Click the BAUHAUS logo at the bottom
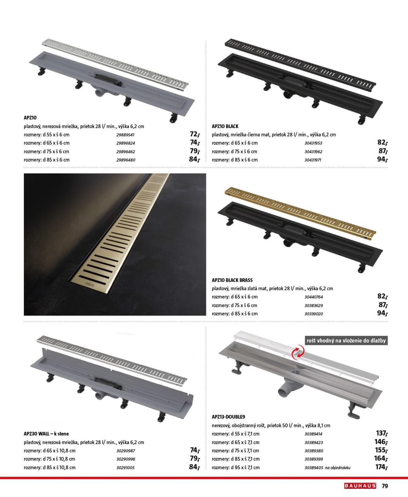[360, 486]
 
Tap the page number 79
[385, 486]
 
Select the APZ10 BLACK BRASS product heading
[232, 280]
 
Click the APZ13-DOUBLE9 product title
[228, 417]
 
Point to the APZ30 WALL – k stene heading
[46, 434]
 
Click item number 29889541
[125, 135]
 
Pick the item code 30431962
[313, 152]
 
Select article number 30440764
[313, 297]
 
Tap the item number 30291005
[125, 468]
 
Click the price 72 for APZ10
[195, 134]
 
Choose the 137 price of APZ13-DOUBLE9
[382, 433]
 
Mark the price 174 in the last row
[382, 467]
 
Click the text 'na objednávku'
[338, 468]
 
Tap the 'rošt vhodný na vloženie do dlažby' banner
[346, 340]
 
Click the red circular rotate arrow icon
[298, 352]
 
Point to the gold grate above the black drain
[300, 213]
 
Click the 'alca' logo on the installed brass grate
[90, 284]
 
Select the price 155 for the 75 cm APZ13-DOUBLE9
[381, 450]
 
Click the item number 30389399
[313, 459]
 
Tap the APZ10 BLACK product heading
[225, 126]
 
